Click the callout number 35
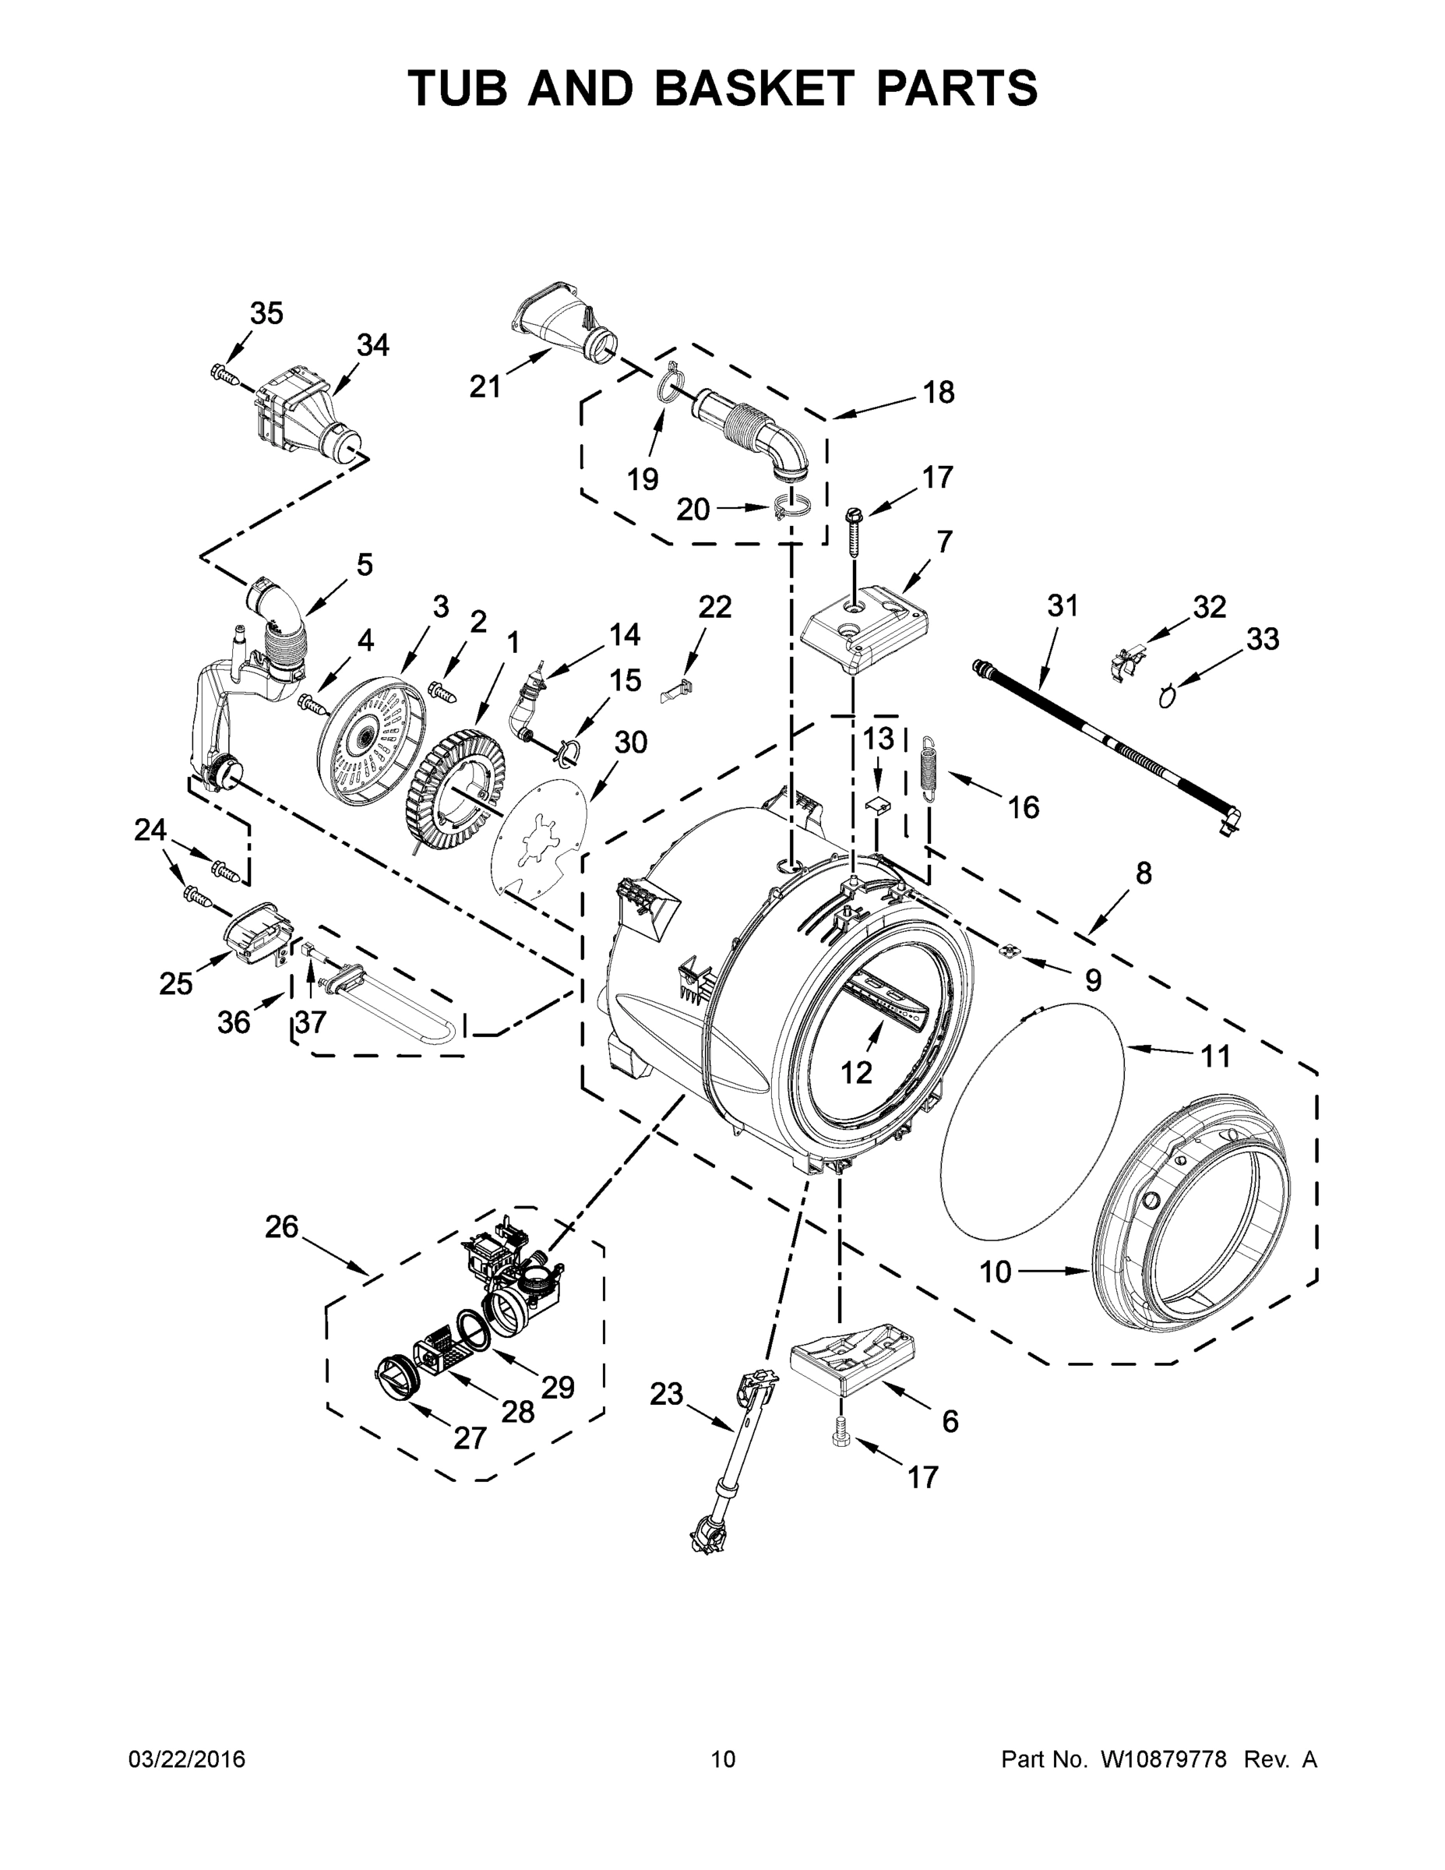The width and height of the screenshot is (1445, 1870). [x=266, y=314]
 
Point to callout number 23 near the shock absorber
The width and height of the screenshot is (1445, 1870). [x=666, y=1395]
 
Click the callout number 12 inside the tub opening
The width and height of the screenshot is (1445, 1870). [x=856, y=1072]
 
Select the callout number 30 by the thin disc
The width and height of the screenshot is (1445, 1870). [x=630, y=743]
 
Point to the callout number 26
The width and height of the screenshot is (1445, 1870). [x=282, y=1227]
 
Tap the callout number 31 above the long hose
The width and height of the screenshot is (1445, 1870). [x=1063, y=606]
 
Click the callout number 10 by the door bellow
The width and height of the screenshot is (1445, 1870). [x=996, y=1296]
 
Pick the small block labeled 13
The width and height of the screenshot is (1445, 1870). [x=876, y=804]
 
